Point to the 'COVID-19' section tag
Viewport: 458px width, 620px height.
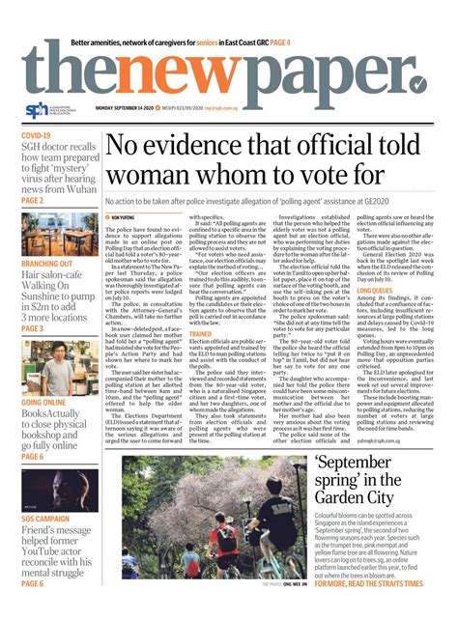[x=36, y=136]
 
